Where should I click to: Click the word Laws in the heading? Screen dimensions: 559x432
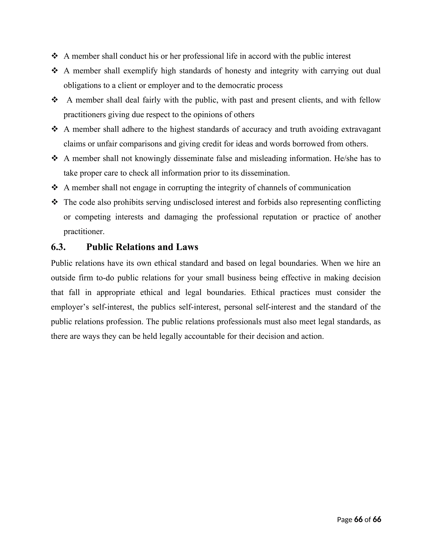pyautogui.click(x=187, y=247)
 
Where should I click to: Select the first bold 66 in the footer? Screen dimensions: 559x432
pyautogui.click(x=358, y=519)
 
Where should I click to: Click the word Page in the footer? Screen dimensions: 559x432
pyautogui.click(x=344, y=520)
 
